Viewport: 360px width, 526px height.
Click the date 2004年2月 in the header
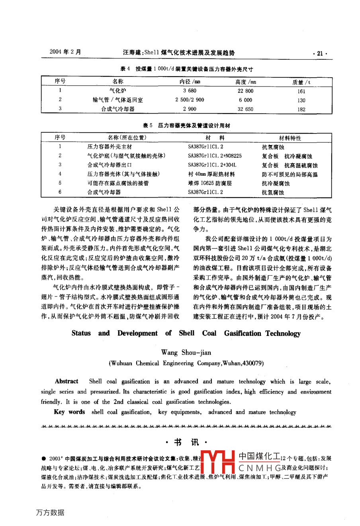click(65, 52)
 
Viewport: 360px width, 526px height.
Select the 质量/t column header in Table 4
click(301, 82)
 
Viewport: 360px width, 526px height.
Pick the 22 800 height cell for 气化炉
click(245, 91)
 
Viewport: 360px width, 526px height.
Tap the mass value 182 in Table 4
click(301, 109)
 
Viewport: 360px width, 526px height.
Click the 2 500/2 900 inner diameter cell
click(190, 100)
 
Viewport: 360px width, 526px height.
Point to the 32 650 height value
click(245, 109)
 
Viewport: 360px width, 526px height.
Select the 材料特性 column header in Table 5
click(290, 138)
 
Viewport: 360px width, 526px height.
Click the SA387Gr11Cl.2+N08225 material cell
click(215, 156)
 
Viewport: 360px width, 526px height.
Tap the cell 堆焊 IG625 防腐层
click(209, 183)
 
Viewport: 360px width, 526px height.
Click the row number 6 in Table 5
click(60, 192)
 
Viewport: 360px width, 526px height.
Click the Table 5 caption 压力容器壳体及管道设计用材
click(194, 126)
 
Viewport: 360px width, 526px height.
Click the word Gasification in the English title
click(243, 334)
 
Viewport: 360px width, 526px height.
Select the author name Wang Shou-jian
click(186, 352)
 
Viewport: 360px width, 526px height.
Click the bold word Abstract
click(67, 381)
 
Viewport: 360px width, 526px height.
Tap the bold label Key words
click(69, 412)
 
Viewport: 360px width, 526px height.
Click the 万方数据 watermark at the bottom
click(50, 512)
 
